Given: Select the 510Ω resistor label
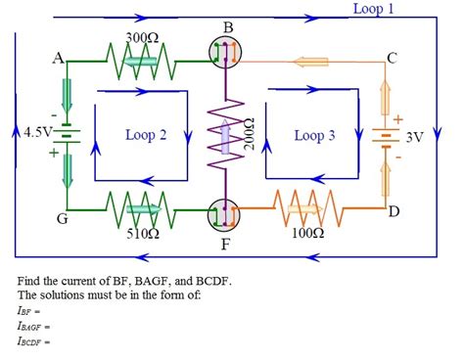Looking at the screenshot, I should coord(143,235).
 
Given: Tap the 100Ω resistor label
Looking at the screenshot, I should coord(307,234).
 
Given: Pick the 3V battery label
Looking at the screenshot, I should coord(414,137).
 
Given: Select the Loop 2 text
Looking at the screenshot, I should coord(146,135).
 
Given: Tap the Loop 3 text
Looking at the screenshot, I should coord(314,136).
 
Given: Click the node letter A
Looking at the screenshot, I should coord(58,58).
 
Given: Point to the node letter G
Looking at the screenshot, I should coord(61,218).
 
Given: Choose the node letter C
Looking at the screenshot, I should coord(392,58).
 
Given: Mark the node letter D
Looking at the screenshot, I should coord(394,211).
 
